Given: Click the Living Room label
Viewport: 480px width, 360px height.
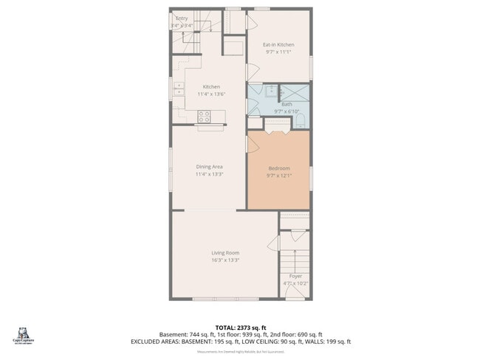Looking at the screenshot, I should click(x=225, y=253).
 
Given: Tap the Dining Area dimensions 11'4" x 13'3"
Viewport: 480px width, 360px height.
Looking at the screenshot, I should click(x=209, y=175).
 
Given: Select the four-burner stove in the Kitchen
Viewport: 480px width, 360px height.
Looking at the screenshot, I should click(x=205, y=115).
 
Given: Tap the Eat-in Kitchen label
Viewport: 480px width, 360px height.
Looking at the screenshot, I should click(x=278, y=45).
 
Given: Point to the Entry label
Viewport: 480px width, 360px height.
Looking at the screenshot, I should click(x=181, y=18).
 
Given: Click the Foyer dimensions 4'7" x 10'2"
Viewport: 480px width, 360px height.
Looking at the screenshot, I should click(x=295, y=283).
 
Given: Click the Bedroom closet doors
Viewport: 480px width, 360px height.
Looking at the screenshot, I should click(x=277, y=130).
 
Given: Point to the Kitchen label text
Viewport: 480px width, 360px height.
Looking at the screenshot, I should click(x=211, y=87).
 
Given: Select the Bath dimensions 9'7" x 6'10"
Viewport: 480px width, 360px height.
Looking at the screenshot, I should click(x=287, y=111).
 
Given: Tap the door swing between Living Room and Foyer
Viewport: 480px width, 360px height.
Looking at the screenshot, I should click(x=273, y=243).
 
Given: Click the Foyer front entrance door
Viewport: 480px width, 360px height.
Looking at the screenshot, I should click(x=295, y=299).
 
